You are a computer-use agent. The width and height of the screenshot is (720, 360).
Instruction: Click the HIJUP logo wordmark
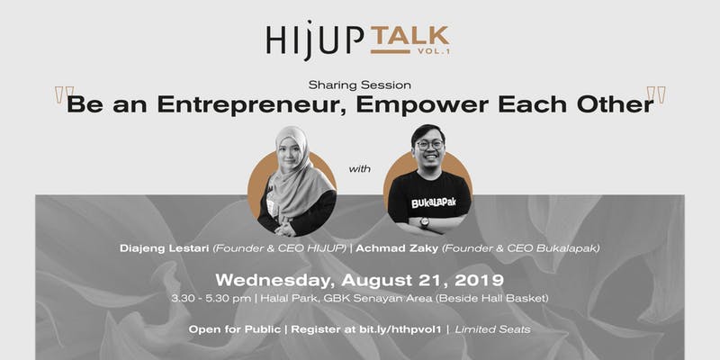pos(314,40)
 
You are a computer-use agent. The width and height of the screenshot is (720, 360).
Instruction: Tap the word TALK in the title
pos(409,36)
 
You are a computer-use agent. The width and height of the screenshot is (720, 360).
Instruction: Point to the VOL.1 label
pos(434,52)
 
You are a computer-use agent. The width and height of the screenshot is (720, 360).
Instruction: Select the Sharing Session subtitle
pos(359,85)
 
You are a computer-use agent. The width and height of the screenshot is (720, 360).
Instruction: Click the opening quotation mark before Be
pos(64,94)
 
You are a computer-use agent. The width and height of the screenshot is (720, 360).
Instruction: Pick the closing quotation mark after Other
pos(656,94)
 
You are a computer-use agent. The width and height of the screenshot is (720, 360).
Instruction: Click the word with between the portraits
pos(359,169)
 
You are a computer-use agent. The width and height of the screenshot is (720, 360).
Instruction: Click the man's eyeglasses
pos(429,145)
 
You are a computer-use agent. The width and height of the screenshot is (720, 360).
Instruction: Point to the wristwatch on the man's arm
pos(424,222)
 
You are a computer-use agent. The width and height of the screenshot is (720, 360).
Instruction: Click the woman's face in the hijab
pos(289,151)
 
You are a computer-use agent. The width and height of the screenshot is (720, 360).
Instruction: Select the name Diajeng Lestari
pos(165,248)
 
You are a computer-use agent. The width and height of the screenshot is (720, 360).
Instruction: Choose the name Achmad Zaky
pos(397,248)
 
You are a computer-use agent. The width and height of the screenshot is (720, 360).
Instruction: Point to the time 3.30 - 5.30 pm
pos(211,298)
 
